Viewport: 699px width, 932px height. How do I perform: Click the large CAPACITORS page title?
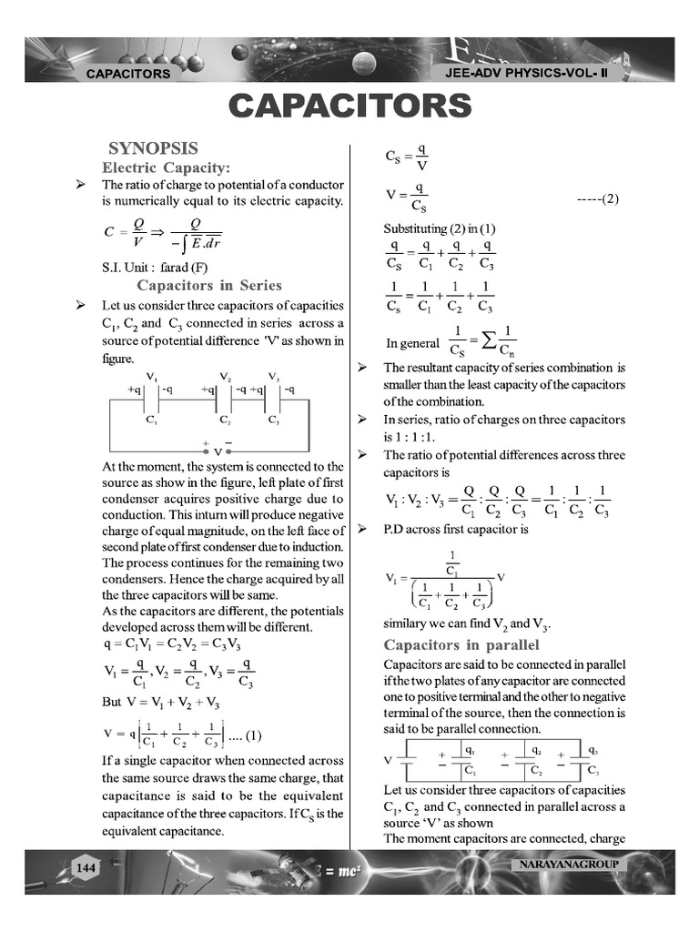[350, 106]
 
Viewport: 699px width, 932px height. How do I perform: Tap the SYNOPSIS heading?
[153, 148]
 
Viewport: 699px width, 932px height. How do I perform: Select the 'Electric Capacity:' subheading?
[166, 167]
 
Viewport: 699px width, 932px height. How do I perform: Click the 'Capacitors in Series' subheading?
[222, 286]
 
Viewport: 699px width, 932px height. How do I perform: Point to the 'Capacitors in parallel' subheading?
[461, 645]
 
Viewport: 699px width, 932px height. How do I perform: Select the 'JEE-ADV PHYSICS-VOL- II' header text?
[540, 73]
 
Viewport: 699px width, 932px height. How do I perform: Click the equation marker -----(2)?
[598, 198]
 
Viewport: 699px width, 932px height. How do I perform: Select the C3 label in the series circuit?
[273, 420]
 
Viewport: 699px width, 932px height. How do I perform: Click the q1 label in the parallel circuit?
[469, 751]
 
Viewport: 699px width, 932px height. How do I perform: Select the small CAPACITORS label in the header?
[127, 74]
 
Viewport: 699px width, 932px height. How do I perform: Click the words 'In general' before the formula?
[412, 344]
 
